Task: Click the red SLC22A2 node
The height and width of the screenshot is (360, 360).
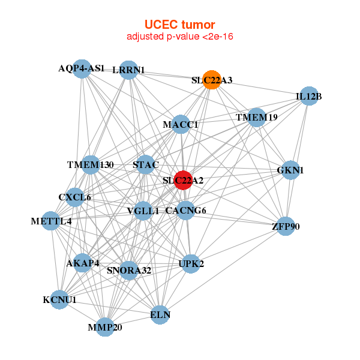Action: pyautogui.click(x=183, y=180)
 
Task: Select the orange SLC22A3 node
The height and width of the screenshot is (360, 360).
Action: pyautogui.click(x=212, y=80)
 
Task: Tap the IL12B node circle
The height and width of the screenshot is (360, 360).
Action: pyautogui.click(x=309, y=96)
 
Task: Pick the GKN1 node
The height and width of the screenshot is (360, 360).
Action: pyautogui.click(x=290, y=170)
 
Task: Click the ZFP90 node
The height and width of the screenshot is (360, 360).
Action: pyautogui.click(x=286, y=226)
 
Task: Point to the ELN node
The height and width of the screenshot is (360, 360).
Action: pyautogui.click(x=160, y=315)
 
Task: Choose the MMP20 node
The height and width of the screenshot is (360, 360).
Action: pyautogui.click(x=105, y=327)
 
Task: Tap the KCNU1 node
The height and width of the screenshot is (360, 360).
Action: pyautogui.click(x=59, y=299)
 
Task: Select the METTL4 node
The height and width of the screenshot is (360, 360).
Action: pyautogui.click(x=51, y=221)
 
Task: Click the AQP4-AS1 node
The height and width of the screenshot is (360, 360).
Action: pyautogui.click(x=82, y=69)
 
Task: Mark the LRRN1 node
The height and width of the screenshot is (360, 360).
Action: pyautogui.click(x=128, y=70)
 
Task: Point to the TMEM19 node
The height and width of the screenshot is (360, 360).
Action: pyautogui.click(x=256, y=118)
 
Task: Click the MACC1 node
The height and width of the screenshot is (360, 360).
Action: pyautogui.click(x=181, y=124)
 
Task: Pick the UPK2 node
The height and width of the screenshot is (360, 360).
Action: pyautogui.click(x=191, y=264)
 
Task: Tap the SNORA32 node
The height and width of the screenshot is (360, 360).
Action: pyautogui.click(x=129, y=271)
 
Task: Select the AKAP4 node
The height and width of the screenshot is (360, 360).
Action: pyautogui.click(x=82, y=263)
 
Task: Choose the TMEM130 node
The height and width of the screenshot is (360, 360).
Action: pyautogui.click(x=91, y=165)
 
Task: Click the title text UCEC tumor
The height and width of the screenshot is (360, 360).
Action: pyautogui.click(x=180, y=25)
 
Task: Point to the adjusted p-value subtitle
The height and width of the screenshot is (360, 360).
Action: pyautogui.click(x=180, y=37)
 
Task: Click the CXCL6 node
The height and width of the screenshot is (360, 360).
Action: pyautogui.click(x=74, y=197)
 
